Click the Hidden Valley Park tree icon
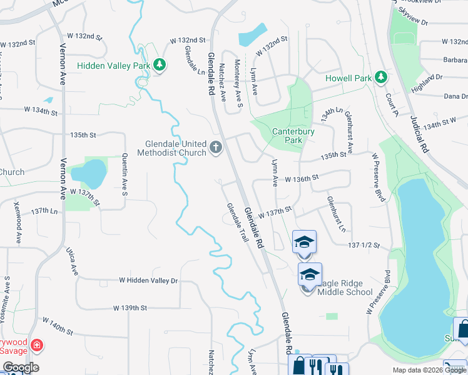[160, 65]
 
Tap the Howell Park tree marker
[379, 78]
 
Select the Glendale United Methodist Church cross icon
[216, 147]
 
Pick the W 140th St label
[58, 326]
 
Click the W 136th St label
[302, 179]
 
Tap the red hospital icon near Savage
[37, 344]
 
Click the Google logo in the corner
[19, 367]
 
